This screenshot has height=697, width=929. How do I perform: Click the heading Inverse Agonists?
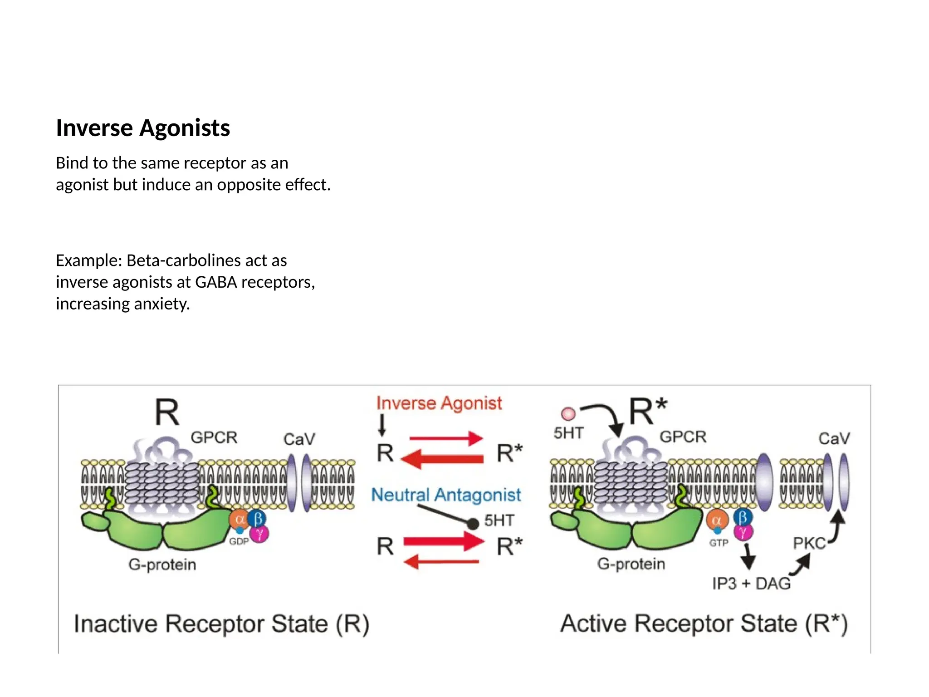[x=143, y=128]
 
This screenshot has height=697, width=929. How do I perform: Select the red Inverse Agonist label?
[x=439, y=403]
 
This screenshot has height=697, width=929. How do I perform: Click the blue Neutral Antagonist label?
[x=446, y=495]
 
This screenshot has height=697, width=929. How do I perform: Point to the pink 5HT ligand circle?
[x=568, y=414]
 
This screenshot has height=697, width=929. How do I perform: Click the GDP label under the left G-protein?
[x=239, y=541]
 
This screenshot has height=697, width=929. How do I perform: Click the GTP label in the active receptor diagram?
[x=719, y=543]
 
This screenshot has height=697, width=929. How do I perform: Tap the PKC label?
[x=809, y=543]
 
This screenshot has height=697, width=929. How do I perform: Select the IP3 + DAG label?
[x=751, y=584]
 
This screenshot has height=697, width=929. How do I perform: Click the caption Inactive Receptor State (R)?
[x=221, y=623]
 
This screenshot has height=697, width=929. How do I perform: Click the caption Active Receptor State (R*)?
[x=704, y=623]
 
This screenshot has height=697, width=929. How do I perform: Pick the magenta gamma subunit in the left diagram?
[x=259, y=534]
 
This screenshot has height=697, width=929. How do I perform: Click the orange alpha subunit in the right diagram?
[x=717, y=520]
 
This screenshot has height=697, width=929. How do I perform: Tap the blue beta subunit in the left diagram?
[x=257, y=518]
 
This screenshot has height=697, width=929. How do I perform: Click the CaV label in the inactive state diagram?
[x=299, y=439]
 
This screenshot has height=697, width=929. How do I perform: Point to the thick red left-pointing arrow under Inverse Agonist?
[x=442, y=459]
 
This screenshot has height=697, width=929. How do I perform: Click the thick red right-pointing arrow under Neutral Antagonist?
[x=444, y=541]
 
